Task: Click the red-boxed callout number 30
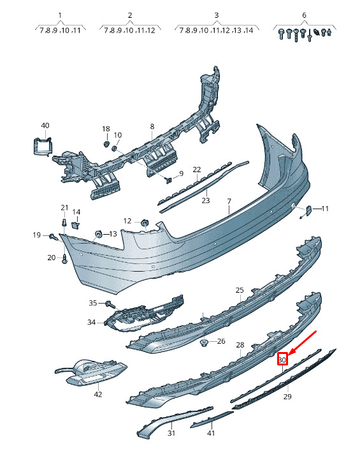click(x=282, y=360)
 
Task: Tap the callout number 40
click(x=45, y=126)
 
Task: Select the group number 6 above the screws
click(x=304, y=15)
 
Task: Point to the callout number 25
click(x=240, y=290)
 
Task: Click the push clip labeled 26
click(x=204, y=343)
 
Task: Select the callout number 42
click(x=98, y=394)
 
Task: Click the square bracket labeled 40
click(x=41, y=146)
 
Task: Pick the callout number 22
click(x=197, y=170)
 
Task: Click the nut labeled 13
click(x=98, y=234)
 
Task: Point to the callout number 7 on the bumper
click(x=229, y=201)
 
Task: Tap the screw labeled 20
click(x=64, y=260)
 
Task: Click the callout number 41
click(x=211, y=433)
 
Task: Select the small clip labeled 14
click(x=76, y=225)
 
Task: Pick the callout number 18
click(x=106, y=129)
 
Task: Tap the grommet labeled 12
click(x=145, y=223)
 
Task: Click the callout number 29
click(x=287, y=396)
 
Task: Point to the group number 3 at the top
click(x=216, y=15)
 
